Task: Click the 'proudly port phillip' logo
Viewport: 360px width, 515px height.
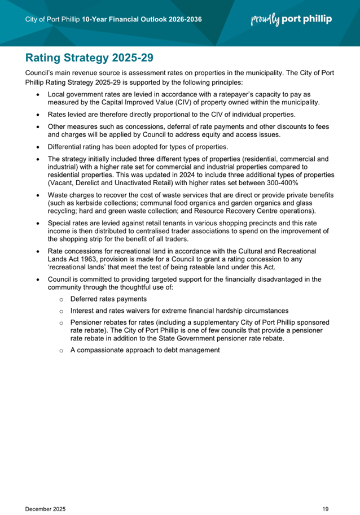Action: (291, 20)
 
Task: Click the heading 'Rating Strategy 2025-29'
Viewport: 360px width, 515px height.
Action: (89, 58)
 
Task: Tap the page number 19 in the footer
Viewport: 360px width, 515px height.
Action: (326, 494)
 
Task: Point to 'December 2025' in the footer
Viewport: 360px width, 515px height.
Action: (46, 494)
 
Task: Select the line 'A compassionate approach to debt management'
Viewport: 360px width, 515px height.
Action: (145, 350)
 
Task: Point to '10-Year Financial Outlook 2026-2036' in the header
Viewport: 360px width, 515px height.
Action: (142, 20)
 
